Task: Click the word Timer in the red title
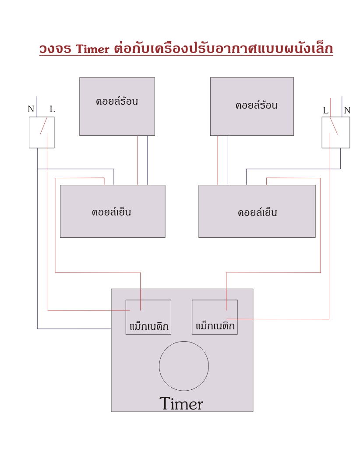(x=92, y=49)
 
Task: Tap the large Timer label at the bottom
(x=181, y=404)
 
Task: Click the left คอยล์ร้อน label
(x=117, y=101)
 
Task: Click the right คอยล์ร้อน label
(x=257, y=105)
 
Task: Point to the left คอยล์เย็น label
(x=112, y=212)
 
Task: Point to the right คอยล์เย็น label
(x=258, y=212)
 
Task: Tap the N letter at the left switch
(x=31, y=109)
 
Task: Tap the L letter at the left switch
(x=52, y=109)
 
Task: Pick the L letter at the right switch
(x=326, y=110)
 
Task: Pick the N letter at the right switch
(x=347, y=110)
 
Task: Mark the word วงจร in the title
(x=55, y=49)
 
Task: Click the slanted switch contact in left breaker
(x=44, y=125)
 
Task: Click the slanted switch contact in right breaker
(x=334, y=125)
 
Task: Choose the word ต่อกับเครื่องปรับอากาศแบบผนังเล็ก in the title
(x=223, y=49)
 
